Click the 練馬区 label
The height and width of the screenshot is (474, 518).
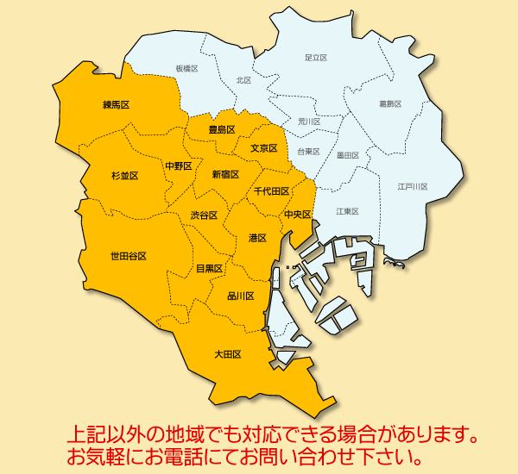pyautogui.click(x=116, y=105)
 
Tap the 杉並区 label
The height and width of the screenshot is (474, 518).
pyautogui.click(x=124, y=175)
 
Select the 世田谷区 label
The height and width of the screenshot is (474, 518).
pyautogui.click(x=128, y=256)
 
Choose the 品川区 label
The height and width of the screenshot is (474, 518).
pyautogui.click(x=240, y=296)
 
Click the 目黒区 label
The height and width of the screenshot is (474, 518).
pyautogui.click(x=209, y=269)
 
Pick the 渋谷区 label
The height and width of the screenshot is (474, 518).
pyautogui.click(x=204, y=215)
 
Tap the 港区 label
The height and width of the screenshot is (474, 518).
pyautogui.click(x=256, y=238)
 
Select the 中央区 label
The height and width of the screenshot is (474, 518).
pyautogui.click(x=297, y=214)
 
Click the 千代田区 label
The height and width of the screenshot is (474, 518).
pyautogui.click(x=271, y=191)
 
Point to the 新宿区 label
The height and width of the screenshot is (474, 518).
pyautogui.click(x=225, y=174)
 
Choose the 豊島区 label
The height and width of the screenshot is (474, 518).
pyautogui.click(x=222, y=129)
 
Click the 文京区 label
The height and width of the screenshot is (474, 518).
pyautogui.click(x=263, y=148)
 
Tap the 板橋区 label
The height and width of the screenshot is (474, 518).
pyautogui.click(x=186, y=67)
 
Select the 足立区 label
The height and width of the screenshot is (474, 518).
pyautogui.click(x=316, y=58)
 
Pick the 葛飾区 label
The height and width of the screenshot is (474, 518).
pyautogui.click(x=390, y=103)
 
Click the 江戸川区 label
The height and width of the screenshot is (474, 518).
pyautogui.click(x=413, y=186)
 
